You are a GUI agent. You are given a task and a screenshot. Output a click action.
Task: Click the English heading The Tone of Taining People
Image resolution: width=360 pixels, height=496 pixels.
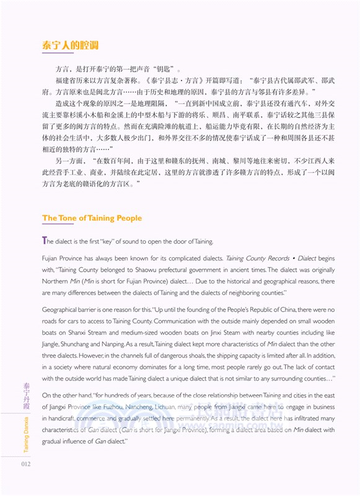click(92, 218)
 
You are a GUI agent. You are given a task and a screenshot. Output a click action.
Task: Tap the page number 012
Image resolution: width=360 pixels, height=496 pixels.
click(25, 464)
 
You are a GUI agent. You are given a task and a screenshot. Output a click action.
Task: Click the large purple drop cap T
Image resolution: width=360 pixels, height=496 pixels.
click(45, 241)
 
